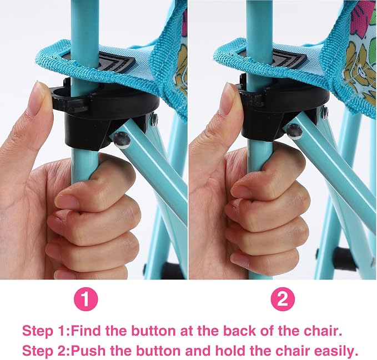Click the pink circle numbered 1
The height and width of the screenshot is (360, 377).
point(86,299)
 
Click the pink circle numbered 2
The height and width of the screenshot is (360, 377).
point(283,299)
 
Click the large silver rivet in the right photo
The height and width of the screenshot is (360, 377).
point(295,131)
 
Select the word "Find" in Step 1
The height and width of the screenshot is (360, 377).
point(86,331)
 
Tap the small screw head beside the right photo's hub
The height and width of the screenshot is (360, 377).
point(325,111)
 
